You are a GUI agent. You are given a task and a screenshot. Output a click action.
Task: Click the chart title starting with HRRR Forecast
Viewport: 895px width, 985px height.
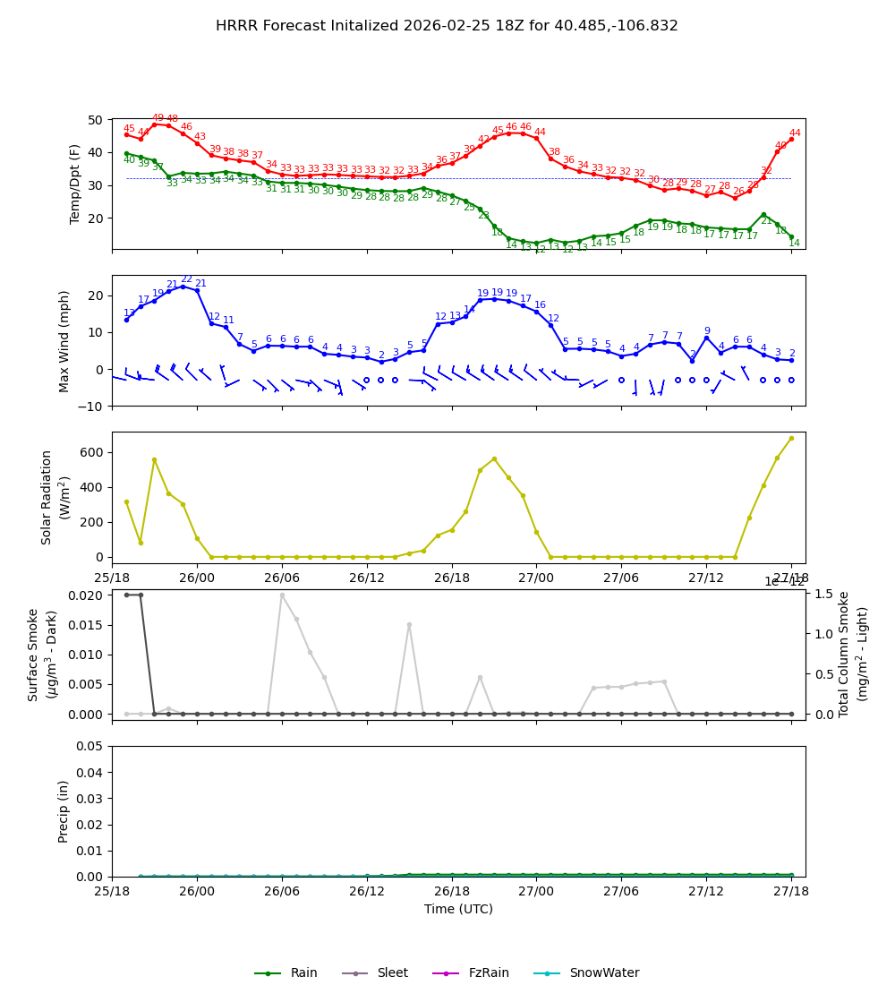click(x=447, y=26)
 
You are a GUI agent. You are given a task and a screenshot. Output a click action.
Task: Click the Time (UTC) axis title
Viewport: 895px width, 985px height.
click(x=458, y=909)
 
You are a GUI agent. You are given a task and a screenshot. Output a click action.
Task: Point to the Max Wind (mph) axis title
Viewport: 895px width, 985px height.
click(x=64, y=340)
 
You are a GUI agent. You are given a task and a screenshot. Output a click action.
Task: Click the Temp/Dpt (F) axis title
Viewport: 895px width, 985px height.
click(x=75, y=184)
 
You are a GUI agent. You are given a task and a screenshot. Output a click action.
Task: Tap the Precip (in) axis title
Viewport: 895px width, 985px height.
click(x=64, y=811)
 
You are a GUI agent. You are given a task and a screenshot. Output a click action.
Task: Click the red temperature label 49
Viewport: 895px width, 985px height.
click(x=158, y=118)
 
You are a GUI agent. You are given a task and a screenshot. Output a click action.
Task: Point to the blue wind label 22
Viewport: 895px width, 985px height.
click(x=186, y=279)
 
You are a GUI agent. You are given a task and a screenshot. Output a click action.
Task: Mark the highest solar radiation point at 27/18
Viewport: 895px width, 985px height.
click(x=791, y=438)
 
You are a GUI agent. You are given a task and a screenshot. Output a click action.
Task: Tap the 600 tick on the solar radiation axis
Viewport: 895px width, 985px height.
click(x=92, y=452)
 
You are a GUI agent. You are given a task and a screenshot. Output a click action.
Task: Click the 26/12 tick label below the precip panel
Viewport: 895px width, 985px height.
click(x=367, y=892)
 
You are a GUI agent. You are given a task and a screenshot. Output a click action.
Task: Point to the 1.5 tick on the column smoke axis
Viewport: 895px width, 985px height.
click(x=823, y=594)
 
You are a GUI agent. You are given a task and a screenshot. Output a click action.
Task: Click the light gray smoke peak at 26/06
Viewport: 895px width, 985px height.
click(x=282, y=595)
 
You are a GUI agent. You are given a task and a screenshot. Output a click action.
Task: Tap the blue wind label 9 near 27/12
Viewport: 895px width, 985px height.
click(x=706, y=331)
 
